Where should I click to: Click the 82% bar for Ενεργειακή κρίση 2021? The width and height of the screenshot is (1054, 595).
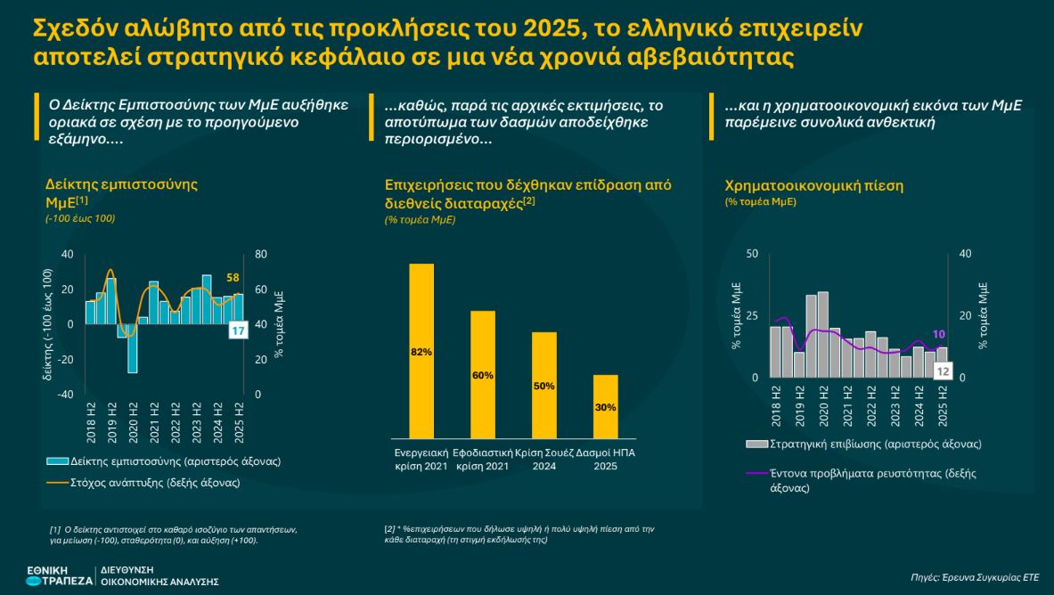point(421,351)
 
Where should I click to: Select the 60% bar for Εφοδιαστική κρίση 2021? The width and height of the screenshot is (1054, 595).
point(482,374)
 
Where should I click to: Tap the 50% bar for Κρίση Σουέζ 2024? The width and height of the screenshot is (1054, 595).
point(544,385)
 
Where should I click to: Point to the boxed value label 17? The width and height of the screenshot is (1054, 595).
point(238,331)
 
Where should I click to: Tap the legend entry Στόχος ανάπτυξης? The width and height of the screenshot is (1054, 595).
point(143,483)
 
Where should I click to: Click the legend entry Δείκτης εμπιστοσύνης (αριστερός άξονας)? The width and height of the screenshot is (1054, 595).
point(164,461)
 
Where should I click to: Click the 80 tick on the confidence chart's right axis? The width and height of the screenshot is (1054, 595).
point(261,254)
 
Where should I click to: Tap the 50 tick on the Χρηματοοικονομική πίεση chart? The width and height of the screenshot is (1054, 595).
point(751,254)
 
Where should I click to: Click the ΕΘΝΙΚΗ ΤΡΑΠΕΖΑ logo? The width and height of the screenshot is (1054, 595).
point(59,575)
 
